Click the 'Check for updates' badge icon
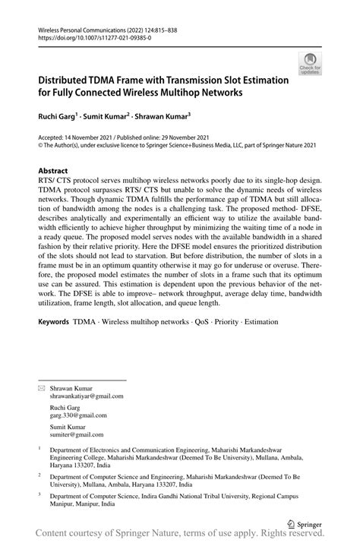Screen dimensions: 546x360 pyautogui.click(x=310, y=64)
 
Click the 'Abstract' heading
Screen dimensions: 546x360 pyautogui.click(x=53, y=171)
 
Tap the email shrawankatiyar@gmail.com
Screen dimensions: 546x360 pyautogui.click(x=87, y=396)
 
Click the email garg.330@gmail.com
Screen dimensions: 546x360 pyautogui.click(x=78, y=415)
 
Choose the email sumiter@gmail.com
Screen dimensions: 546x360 pyautogui.click(x=76, y=435)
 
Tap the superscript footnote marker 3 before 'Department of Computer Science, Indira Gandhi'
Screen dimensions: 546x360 pyautogui.click(x=39, y=494)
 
